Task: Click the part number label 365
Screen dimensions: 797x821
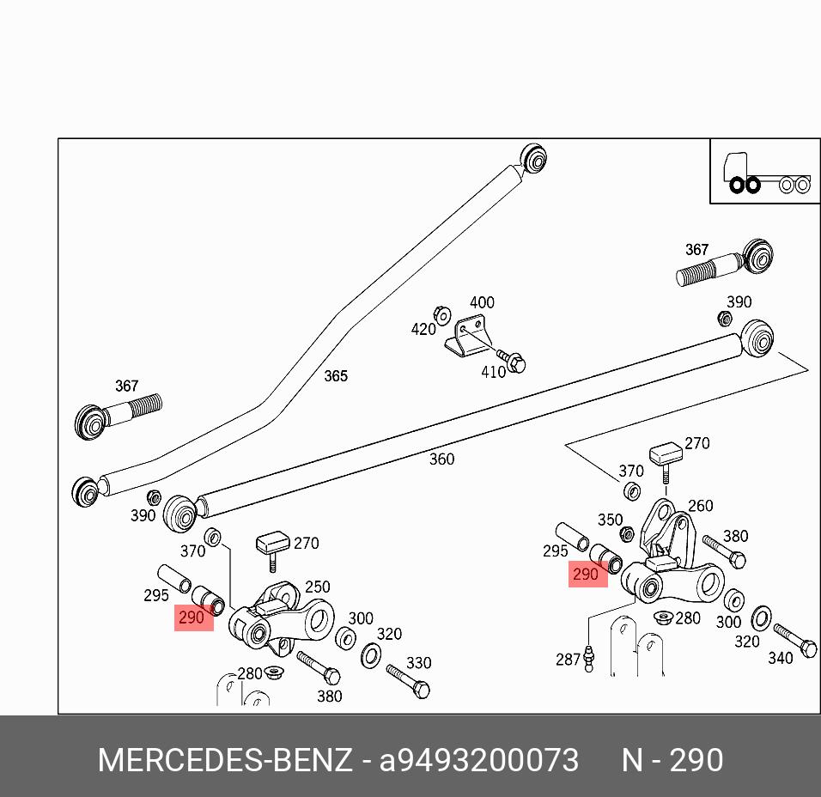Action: click(336, 376)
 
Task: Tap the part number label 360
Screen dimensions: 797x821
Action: click(441, 459)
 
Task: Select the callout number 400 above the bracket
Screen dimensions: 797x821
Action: click(482, 302)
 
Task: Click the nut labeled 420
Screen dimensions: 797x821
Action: click(443, 315)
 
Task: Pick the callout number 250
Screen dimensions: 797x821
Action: click(318, 587)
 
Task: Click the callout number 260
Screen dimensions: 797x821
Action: click(701, 506)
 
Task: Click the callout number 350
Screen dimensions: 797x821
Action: click(610, 520)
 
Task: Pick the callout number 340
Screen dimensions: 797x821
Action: click(780, 659)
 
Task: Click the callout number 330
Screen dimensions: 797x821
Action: click(418, 663)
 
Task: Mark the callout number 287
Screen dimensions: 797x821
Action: click(569, 660)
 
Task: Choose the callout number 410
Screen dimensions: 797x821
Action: click(493, 372)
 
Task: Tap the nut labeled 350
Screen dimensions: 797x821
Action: click(627, 534)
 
